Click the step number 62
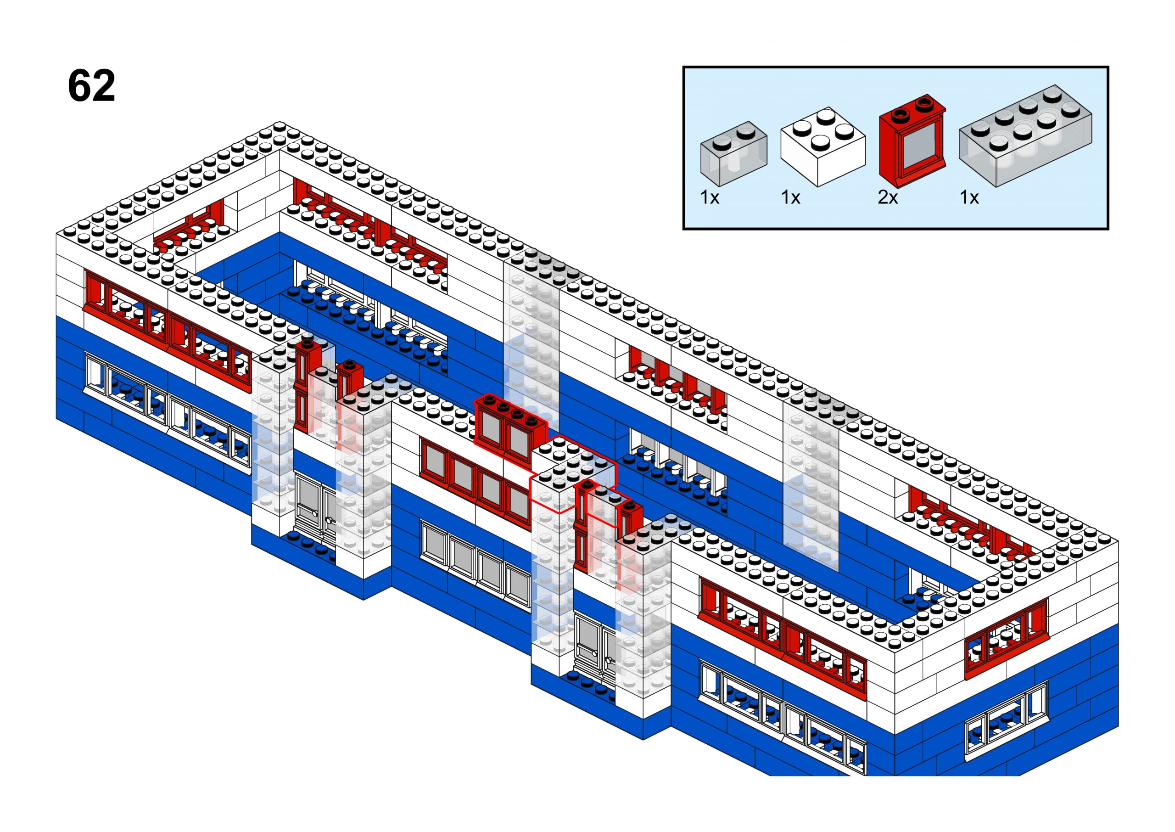tap(91, 86)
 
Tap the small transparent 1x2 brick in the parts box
tap(733, 152)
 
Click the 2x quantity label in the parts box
tap(887, 197)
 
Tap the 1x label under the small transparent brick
tap(709, 197)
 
